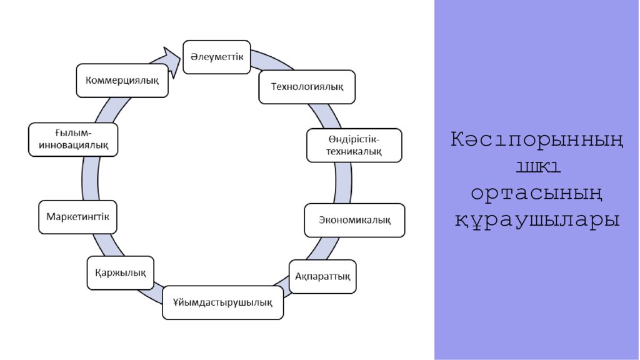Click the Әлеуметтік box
[216, 57]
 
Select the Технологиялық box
[306, 86]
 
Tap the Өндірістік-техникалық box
[354, 145]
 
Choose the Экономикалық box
[354, 220]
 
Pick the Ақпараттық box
[322, 276]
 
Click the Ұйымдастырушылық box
[222, 302]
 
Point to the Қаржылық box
[121, 272]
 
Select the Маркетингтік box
[78, 217]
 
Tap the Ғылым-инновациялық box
[73, 139]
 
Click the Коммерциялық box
[122, 80]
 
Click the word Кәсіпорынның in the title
[536, 140]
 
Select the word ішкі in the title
[536, 166]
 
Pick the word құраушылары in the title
[536, 219]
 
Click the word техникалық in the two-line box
[354, 151]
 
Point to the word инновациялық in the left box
[73, 145]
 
